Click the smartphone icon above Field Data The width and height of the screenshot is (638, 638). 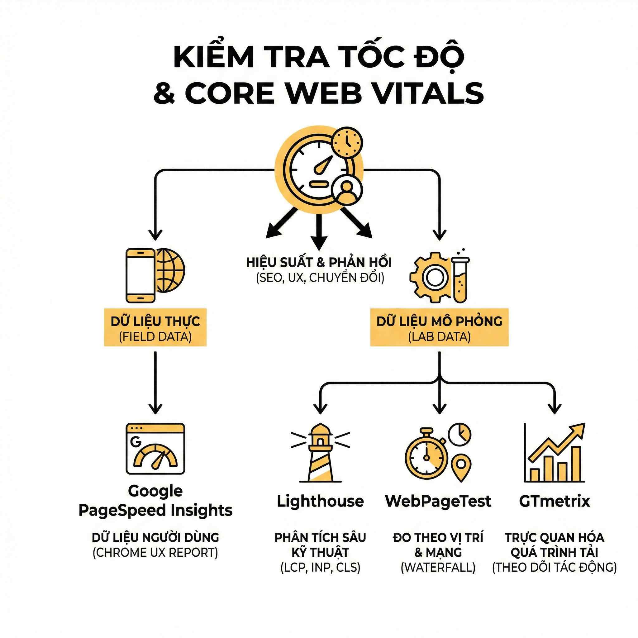(x=140, y=275)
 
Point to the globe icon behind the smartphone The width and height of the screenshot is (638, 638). (x=171, y=270)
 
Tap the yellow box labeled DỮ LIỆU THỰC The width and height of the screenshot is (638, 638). (x=155, y=328)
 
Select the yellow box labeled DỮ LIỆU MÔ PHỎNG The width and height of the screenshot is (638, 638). (x=439, y=328)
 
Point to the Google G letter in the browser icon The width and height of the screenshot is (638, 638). (x=136, y=442)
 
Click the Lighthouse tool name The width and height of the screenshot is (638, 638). (x=320, y=501)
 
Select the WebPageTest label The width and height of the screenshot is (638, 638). (x=438, y=501)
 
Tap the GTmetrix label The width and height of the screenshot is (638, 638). (x=555, y=501)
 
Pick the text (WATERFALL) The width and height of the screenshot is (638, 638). (x=438, y=567)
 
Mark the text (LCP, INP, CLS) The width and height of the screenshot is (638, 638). (x=320, y=567)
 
